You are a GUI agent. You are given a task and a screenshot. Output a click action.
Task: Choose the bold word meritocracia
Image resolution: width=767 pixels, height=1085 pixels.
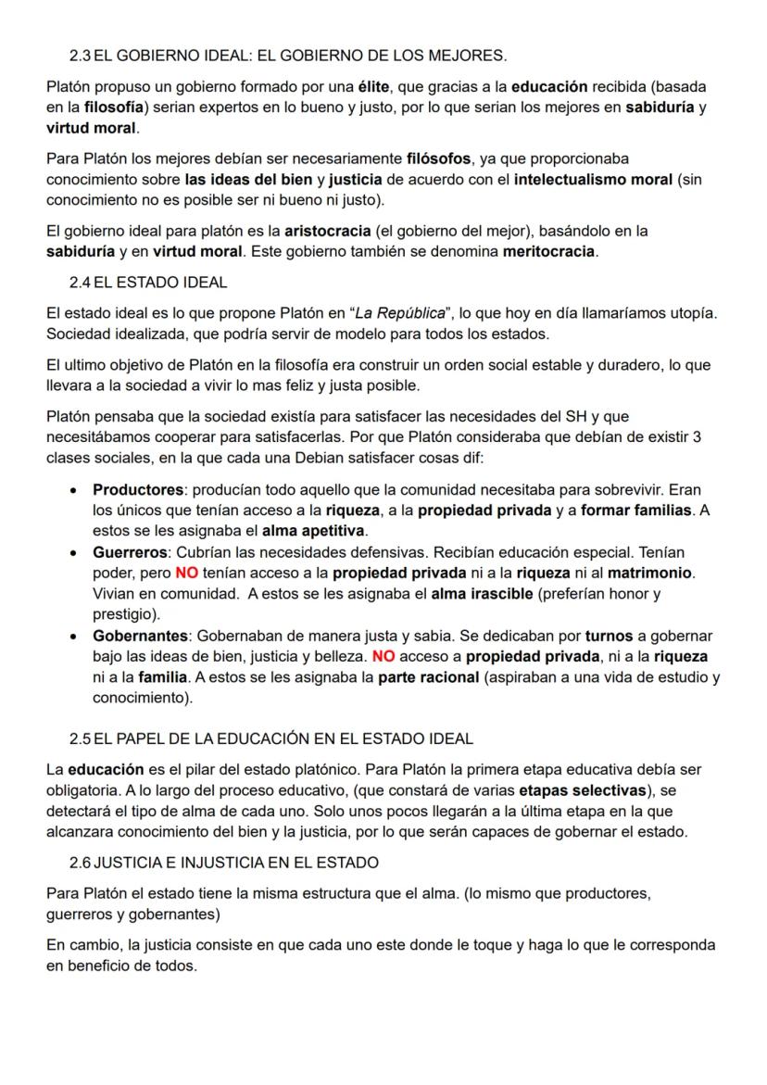point(547,251)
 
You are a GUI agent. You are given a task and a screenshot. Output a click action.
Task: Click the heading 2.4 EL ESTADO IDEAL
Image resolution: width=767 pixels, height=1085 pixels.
point(147,282)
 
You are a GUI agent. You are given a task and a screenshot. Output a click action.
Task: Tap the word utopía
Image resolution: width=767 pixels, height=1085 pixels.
point(681,312)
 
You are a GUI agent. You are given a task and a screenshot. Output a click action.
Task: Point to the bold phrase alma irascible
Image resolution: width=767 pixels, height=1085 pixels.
point(483,594)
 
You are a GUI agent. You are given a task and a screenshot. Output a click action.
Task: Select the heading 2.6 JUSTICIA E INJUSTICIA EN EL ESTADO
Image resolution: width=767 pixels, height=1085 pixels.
point(223,863)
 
